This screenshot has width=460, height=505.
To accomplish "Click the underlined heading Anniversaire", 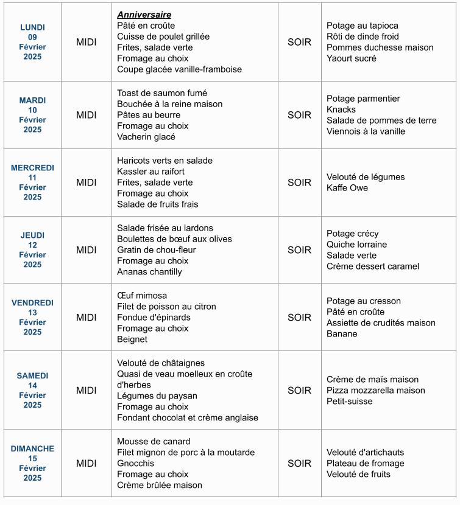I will (x=144, y=15).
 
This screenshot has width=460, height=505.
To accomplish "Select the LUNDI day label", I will (x=32, y=27).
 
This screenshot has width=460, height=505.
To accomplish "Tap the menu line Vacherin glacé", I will (x=146, y=137).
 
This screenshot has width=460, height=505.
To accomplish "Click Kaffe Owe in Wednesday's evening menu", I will (x=347, y=188).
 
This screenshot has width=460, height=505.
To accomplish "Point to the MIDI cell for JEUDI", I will (x=86, y=250).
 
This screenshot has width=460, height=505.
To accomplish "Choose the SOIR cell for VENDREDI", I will (x=299, y=317).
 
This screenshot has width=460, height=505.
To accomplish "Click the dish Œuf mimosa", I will (x=142, y=296).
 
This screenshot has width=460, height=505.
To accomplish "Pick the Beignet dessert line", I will (x=132, y=340).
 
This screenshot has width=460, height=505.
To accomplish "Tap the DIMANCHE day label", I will (x=32, y=448).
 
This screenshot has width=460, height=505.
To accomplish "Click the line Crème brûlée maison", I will (x=160, y=486).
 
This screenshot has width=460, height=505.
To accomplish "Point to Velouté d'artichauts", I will (x=365, y=453).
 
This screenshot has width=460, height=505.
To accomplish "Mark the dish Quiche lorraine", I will (x=356, y=245).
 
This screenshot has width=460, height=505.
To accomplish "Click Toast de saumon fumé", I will (x=162, y=93).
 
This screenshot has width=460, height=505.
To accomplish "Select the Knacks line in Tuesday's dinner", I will (x=341, y=110).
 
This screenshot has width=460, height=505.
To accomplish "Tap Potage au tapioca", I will (x=363, y=26).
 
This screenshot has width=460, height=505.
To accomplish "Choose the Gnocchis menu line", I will (x=136, y=464).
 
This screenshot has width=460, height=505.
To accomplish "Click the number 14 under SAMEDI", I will (x=32, y=386).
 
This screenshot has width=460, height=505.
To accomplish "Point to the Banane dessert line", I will (x=342, y=334).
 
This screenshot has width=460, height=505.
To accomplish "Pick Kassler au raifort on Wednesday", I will (x=150, y=172).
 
